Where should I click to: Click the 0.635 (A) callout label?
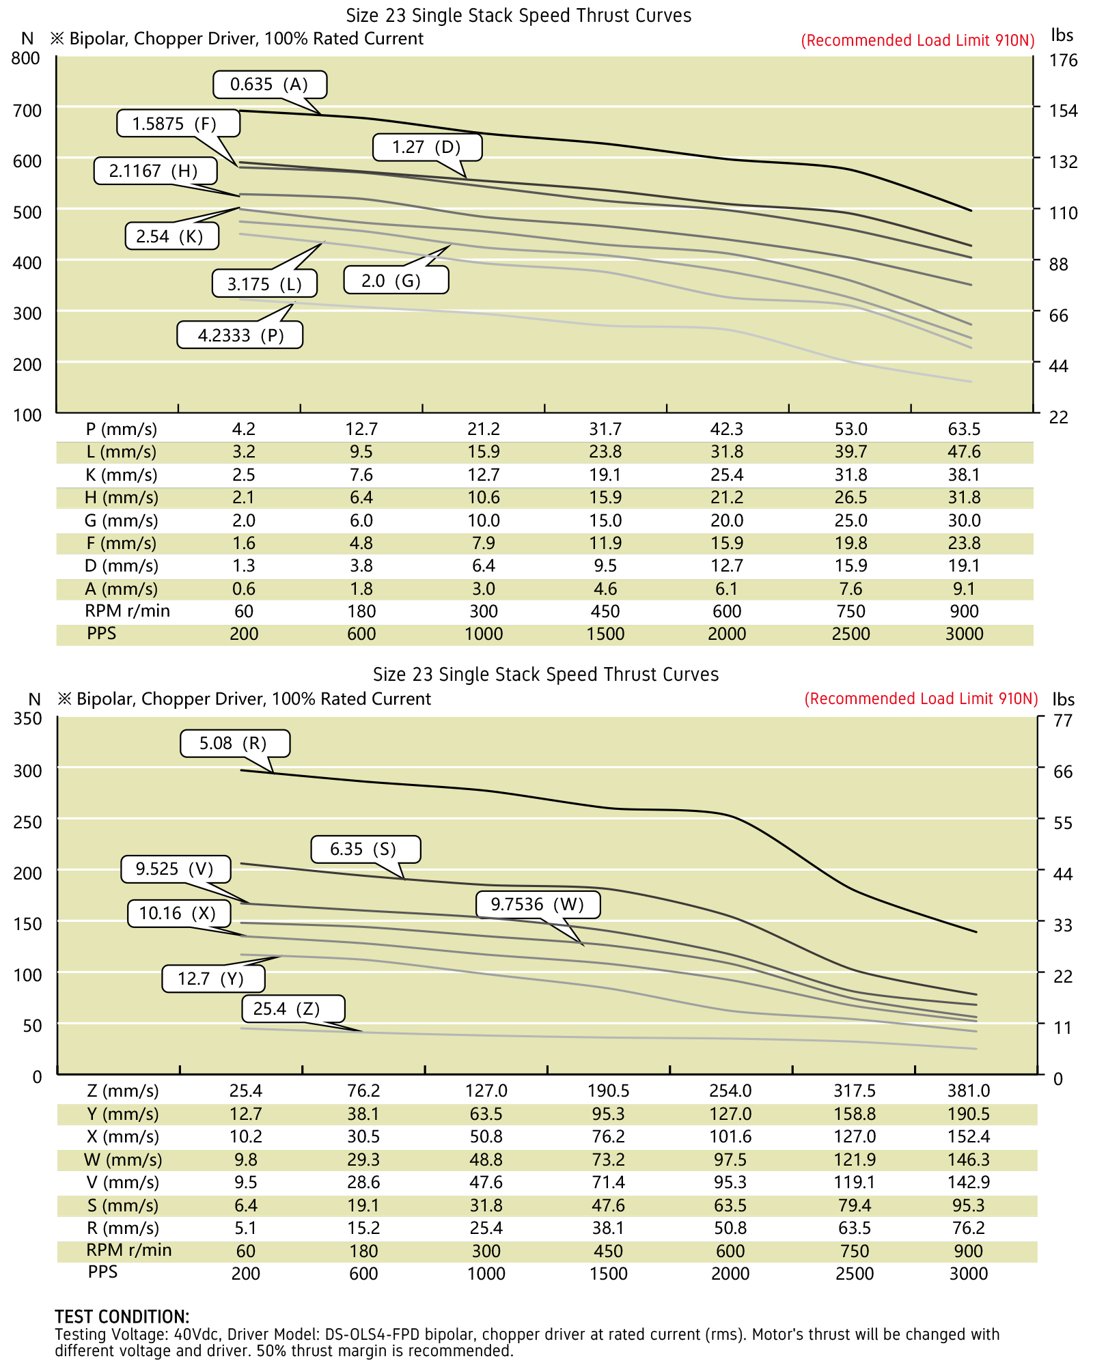click(x=270, y=85)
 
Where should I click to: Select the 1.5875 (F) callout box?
click(x=178, y=124)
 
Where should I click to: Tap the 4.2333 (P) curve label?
click(x=240, y=335)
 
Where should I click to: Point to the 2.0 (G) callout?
click(x=396, y=281)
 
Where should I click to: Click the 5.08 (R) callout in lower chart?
click(x=235, y=744)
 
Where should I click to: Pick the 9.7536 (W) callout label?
click(x=538, y=905)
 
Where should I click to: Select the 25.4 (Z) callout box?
click(x=293, y=1009)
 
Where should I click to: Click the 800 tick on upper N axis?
click(x=26, y=58)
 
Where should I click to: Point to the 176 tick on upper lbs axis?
click(x=1063, y=60)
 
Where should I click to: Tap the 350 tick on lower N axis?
click(x=27, y=718)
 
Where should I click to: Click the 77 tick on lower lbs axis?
click(x=1063, y=720)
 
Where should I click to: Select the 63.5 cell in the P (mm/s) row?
click(x=964, y=430)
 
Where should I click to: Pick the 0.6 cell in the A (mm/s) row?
click(x=244, y=589)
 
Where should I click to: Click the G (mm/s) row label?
click(x=122, y=520)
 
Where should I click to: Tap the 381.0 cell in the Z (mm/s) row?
click(x=968, y=1091)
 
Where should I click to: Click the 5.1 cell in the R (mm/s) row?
click(x=245, y=1228)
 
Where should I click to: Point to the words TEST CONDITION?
click(x=122, y=1317)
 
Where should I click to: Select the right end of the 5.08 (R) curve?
click(x=976, y=931)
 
